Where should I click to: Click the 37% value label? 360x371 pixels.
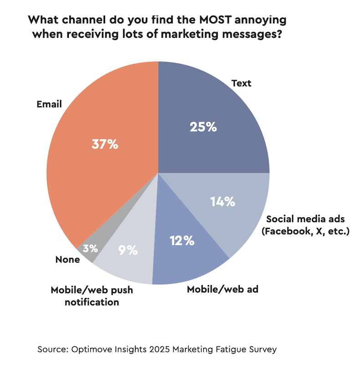(105, 144)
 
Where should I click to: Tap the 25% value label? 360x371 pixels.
(203, 127)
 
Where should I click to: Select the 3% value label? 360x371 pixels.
(91, 248)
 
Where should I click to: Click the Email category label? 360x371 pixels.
(49, 104)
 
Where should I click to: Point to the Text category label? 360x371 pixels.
(241, 83)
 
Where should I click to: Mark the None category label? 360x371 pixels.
(67, 260)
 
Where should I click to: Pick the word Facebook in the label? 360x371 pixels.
(287, 231)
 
